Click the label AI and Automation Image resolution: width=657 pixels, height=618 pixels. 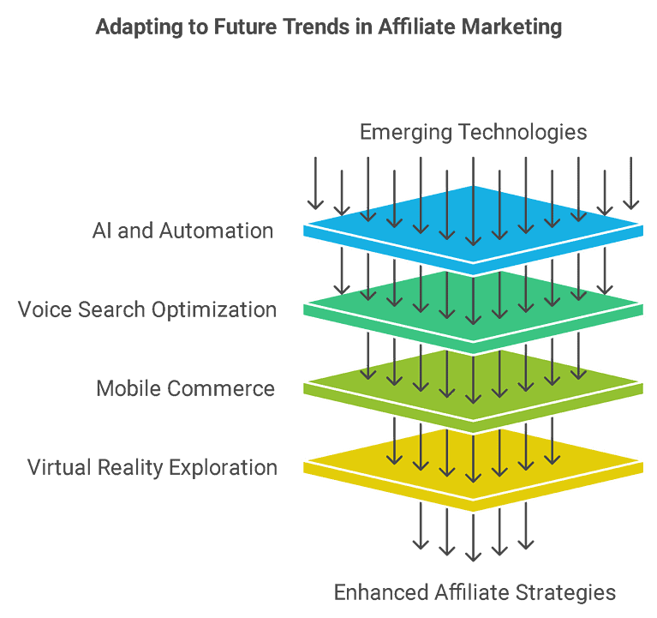[x=182, y=231]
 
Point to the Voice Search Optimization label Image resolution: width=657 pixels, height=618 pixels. [x=147, y=309]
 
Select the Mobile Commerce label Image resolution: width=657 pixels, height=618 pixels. [x=185, y=388]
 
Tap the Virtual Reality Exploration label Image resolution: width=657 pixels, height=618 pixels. [x=152, y=467]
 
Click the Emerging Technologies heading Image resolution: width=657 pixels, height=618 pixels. [x=473, y=132]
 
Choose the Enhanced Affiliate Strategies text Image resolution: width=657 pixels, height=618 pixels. [x=475, y=592]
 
